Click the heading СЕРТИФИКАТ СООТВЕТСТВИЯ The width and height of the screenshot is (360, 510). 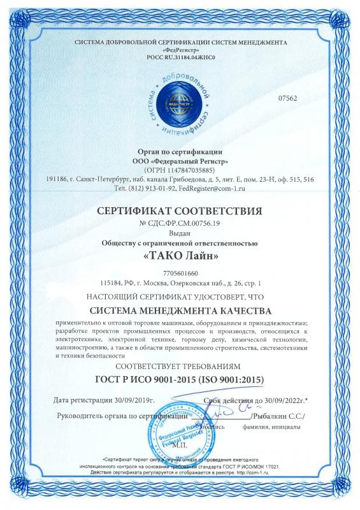180,211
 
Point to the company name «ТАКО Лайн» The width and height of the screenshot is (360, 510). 180,257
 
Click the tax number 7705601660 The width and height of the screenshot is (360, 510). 180,273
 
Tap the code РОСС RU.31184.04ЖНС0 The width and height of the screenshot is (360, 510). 180,58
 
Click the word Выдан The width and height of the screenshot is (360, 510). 180,234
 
